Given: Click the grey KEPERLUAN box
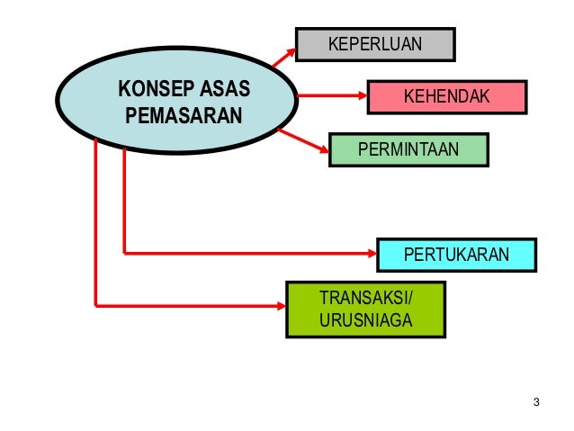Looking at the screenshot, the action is pos(374,43).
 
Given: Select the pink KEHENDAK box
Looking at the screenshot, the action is pos(444,95).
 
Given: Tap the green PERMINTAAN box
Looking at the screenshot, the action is pos(408,149).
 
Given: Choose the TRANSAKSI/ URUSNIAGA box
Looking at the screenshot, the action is pos(364,310).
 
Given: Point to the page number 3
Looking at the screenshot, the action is pos(536,401).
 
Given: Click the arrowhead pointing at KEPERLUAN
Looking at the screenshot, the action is pos(290,52).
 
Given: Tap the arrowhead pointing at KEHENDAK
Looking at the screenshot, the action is pos(361,95).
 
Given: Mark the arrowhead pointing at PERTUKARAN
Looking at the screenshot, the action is pos(371,253).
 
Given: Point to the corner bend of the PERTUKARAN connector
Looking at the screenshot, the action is pos(123,253).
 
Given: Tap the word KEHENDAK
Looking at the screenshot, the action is pos(444,95).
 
